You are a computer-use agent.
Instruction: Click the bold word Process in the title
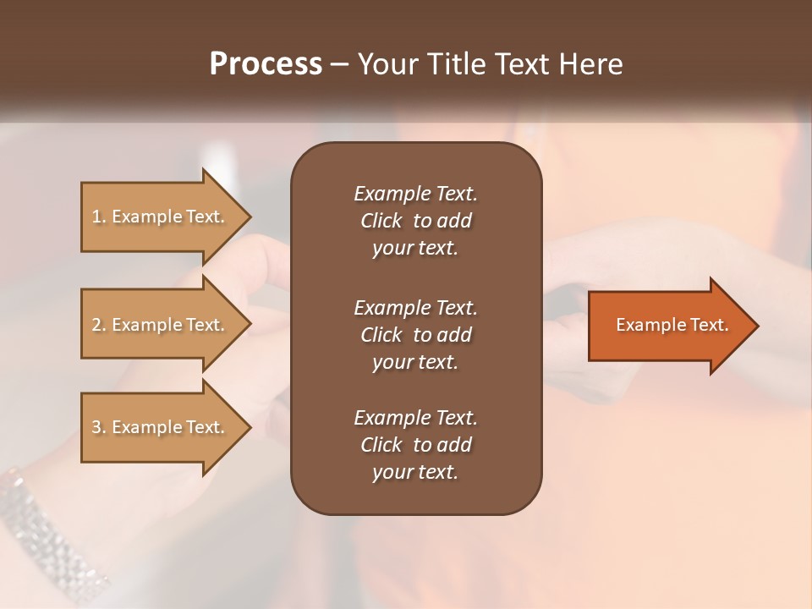coord(266,64)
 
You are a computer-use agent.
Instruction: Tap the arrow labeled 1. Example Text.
coord(159,217)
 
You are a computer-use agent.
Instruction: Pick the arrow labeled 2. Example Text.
coord(159,325)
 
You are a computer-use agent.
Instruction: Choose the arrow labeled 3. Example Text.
coord(159,427)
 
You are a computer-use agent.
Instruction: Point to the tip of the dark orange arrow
coord(756,326)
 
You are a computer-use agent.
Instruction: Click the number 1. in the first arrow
coord(99,217)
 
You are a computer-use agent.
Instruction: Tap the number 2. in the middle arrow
coord(99,325)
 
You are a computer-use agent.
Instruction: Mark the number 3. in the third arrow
coord(99,427)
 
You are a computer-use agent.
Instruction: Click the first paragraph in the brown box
coord(415,221)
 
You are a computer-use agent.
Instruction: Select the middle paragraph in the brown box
coord(415,334)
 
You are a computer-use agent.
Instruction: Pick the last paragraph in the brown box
coord(415,445)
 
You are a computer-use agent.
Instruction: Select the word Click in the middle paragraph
coord(381,335)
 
